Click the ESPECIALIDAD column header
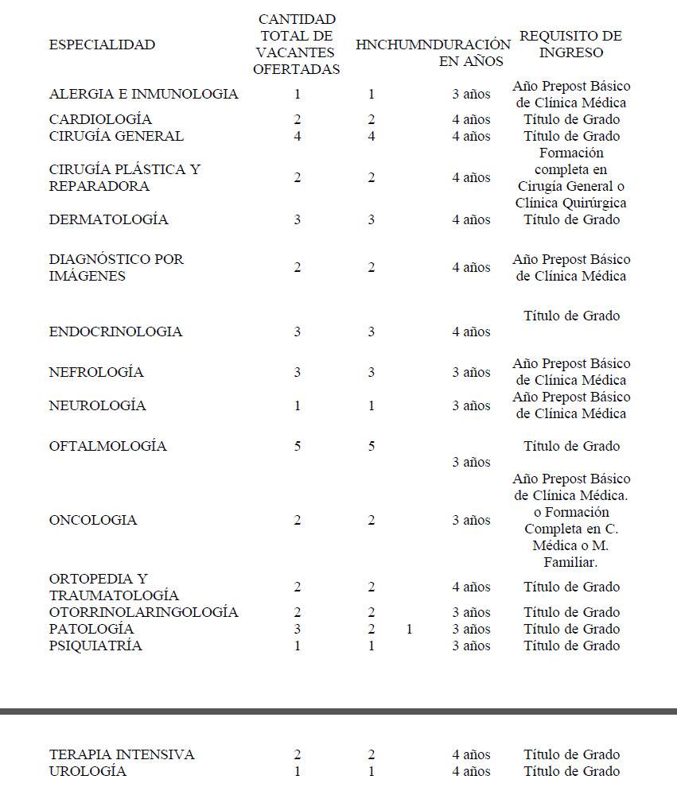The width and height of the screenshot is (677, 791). [x=102, y=45]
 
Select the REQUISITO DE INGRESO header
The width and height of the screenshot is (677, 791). [x=570, y=45]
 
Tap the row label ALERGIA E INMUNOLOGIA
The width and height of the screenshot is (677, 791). [x=143, y=94]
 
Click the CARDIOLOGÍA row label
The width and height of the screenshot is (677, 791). [x=100, y=119]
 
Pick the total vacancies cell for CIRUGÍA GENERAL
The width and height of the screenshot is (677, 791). [x=298, y=136]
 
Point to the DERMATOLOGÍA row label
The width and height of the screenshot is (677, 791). [x=108, y=219]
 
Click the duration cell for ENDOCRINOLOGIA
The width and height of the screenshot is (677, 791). [x=471, y=332]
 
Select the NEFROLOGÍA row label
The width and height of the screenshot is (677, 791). [x=96, y=372]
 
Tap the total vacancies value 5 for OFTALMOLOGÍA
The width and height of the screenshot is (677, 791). [x=298, y=446]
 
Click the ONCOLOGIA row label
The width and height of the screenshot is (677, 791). [x=93, y=520]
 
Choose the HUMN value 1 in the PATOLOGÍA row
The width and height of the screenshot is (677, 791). [x=409, y=629]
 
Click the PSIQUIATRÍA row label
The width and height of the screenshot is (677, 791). [x=95, y=646]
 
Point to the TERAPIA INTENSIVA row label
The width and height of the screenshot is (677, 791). [x=122, y=754]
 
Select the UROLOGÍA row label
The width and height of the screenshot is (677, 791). [x=88, y=771]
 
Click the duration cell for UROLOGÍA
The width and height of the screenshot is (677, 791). [x=471, y=771]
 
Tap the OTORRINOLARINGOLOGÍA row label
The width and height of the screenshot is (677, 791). [x=143, y=612]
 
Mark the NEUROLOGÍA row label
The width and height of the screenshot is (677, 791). [x=97, y=405]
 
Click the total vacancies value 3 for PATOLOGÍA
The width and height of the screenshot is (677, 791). [x=298, y=629]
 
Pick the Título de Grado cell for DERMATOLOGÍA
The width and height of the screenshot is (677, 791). [x=571, y=219]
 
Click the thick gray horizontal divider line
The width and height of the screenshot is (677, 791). [x=338, y=711]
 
